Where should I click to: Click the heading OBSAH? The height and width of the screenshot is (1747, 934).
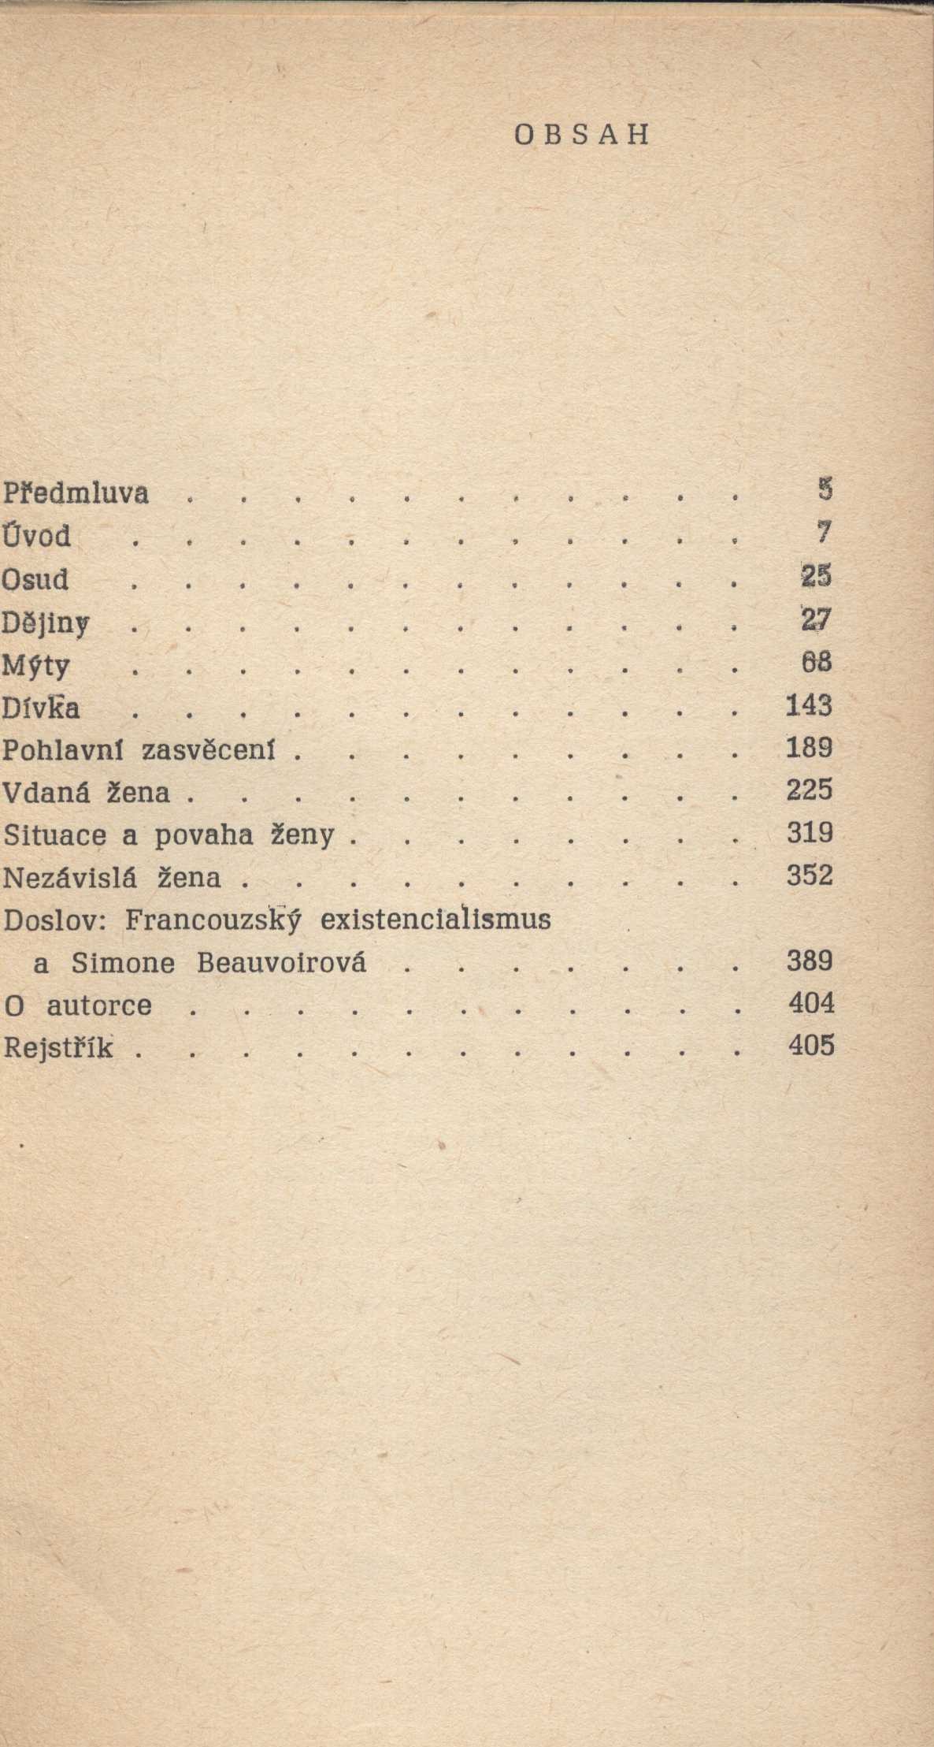pos(582,136)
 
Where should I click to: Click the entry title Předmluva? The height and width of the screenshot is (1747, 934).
pos(76,494)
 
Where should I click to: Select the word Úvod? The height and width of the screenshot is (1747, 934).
pos(36,536)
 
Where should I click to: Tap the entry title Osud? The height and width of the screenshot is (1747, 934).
pos(35,580)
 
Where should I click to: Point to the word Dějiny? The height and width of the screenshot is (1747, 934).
pos(45,623)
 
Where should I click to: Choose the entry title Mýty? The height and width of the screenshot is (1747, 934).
pos(36,667)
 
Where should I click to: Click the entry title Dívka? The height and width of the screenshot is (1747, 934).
pos(41,709)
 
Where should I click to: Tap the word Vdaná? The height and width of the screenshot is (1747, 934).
pos(47,792)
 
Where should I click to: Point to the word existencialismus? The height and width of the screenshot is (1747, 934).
pos(435,920)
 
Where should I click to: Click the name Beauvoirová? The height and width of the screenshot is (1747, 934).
pos(281,963)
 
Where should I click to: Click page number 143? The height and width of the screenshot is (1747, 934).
pos(809,705)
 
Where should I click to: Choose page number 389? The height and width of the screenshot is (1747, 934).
pos(810,961)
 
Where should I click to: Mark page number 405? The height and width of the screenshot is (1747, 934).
pos(810,1046)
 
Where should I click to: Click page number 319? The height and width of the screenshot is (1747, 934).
pos(810,833)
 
